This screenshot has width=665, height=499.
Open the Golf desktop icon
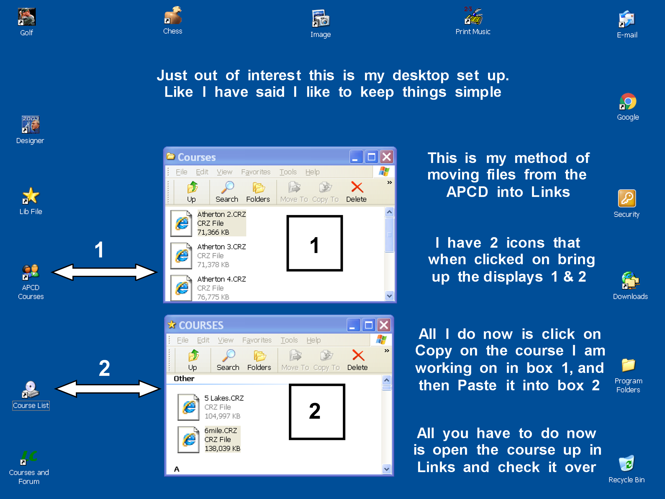(27, 17)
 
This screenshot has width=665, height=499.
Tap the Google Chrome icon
(628, 102)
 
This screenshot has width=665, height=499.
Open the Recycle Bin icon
(627, 463)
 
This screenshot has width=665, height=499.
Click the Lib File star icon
(31, 196)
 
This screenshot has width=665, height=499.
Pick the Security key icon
(627, 198)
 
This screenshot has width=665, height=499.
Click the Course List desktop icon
(30, 390)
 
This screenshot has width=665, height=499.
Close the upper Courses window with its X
(386, 157)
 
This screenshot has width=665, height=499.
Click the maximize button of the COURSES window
(369, 325)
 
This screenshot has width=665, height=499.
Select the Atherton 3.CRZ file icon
(181, 256)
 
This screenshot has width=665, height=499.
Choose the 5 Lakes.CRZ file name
(224, 398)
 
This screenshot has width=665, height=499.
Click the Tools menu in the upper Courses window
(288, 172)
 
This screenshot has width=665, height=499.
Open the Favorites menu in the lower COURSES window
(257, 340)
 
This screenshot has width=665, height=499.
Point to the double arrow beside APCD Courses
(104, 272)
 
